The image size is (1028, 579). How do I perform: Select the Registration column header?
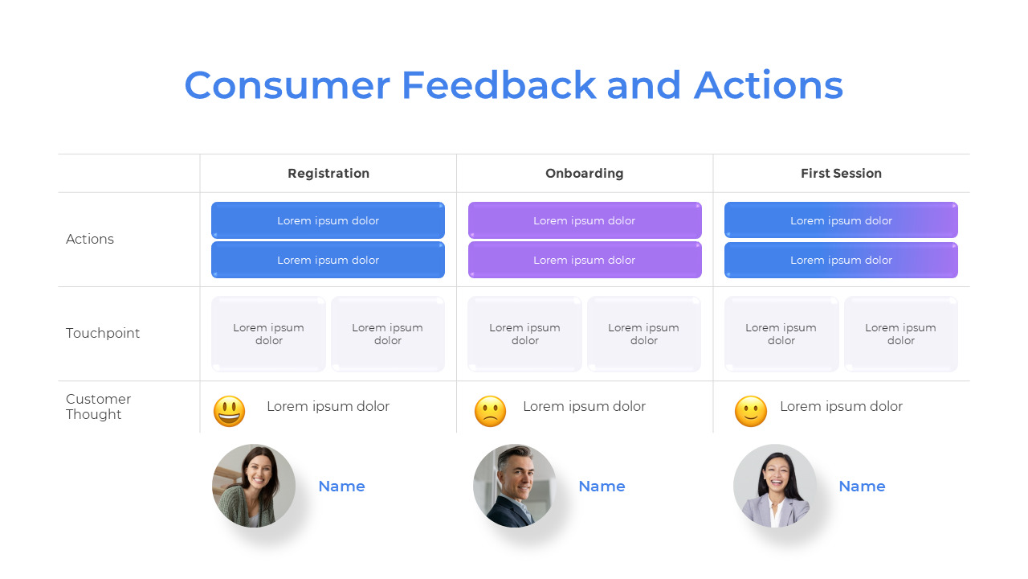click(328, 173)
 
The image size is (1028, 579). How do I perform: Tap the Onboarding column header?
click(584, 173)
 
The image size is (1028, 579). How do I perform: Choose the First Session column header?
click(841, 173)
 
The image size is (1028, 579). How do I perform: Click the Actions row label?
click(90, 239)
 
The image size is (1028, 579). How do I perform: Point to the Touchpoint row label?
click(103, 333)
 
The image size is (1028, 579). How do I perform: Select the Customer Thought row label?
click(98, 406)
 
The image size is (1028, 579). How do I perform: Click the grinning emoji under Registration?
click(229, 411)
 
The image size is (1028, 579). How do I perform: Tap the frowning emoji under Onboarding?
click(490, 411)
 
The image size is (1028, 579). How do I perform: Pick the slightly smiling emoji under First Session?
click(750, 411)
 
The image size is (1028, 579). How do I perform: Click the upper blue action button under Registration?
click(328, 220)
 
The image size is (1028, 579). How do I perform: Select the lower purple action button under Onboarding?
click(584, 260)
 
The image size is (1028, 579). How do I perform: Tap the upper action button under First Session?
click(841, 220)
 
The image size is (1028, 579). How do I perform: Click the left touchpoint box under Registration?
click(268, 334)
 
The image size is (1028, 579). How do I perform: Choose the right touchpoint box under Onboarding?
click(643, 334)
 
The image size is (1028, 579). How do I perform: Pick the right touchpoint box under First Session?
click(900, 334)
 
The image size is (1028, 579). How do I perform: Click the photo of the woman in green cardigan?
click(254, 486)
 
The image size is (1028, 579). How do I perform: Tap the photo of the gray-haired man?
click(515, 486)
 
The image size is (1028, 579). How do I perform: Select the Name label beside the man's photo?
click(602, 486)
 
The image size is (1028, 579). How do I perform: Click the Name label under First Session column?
click(862, 486)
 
